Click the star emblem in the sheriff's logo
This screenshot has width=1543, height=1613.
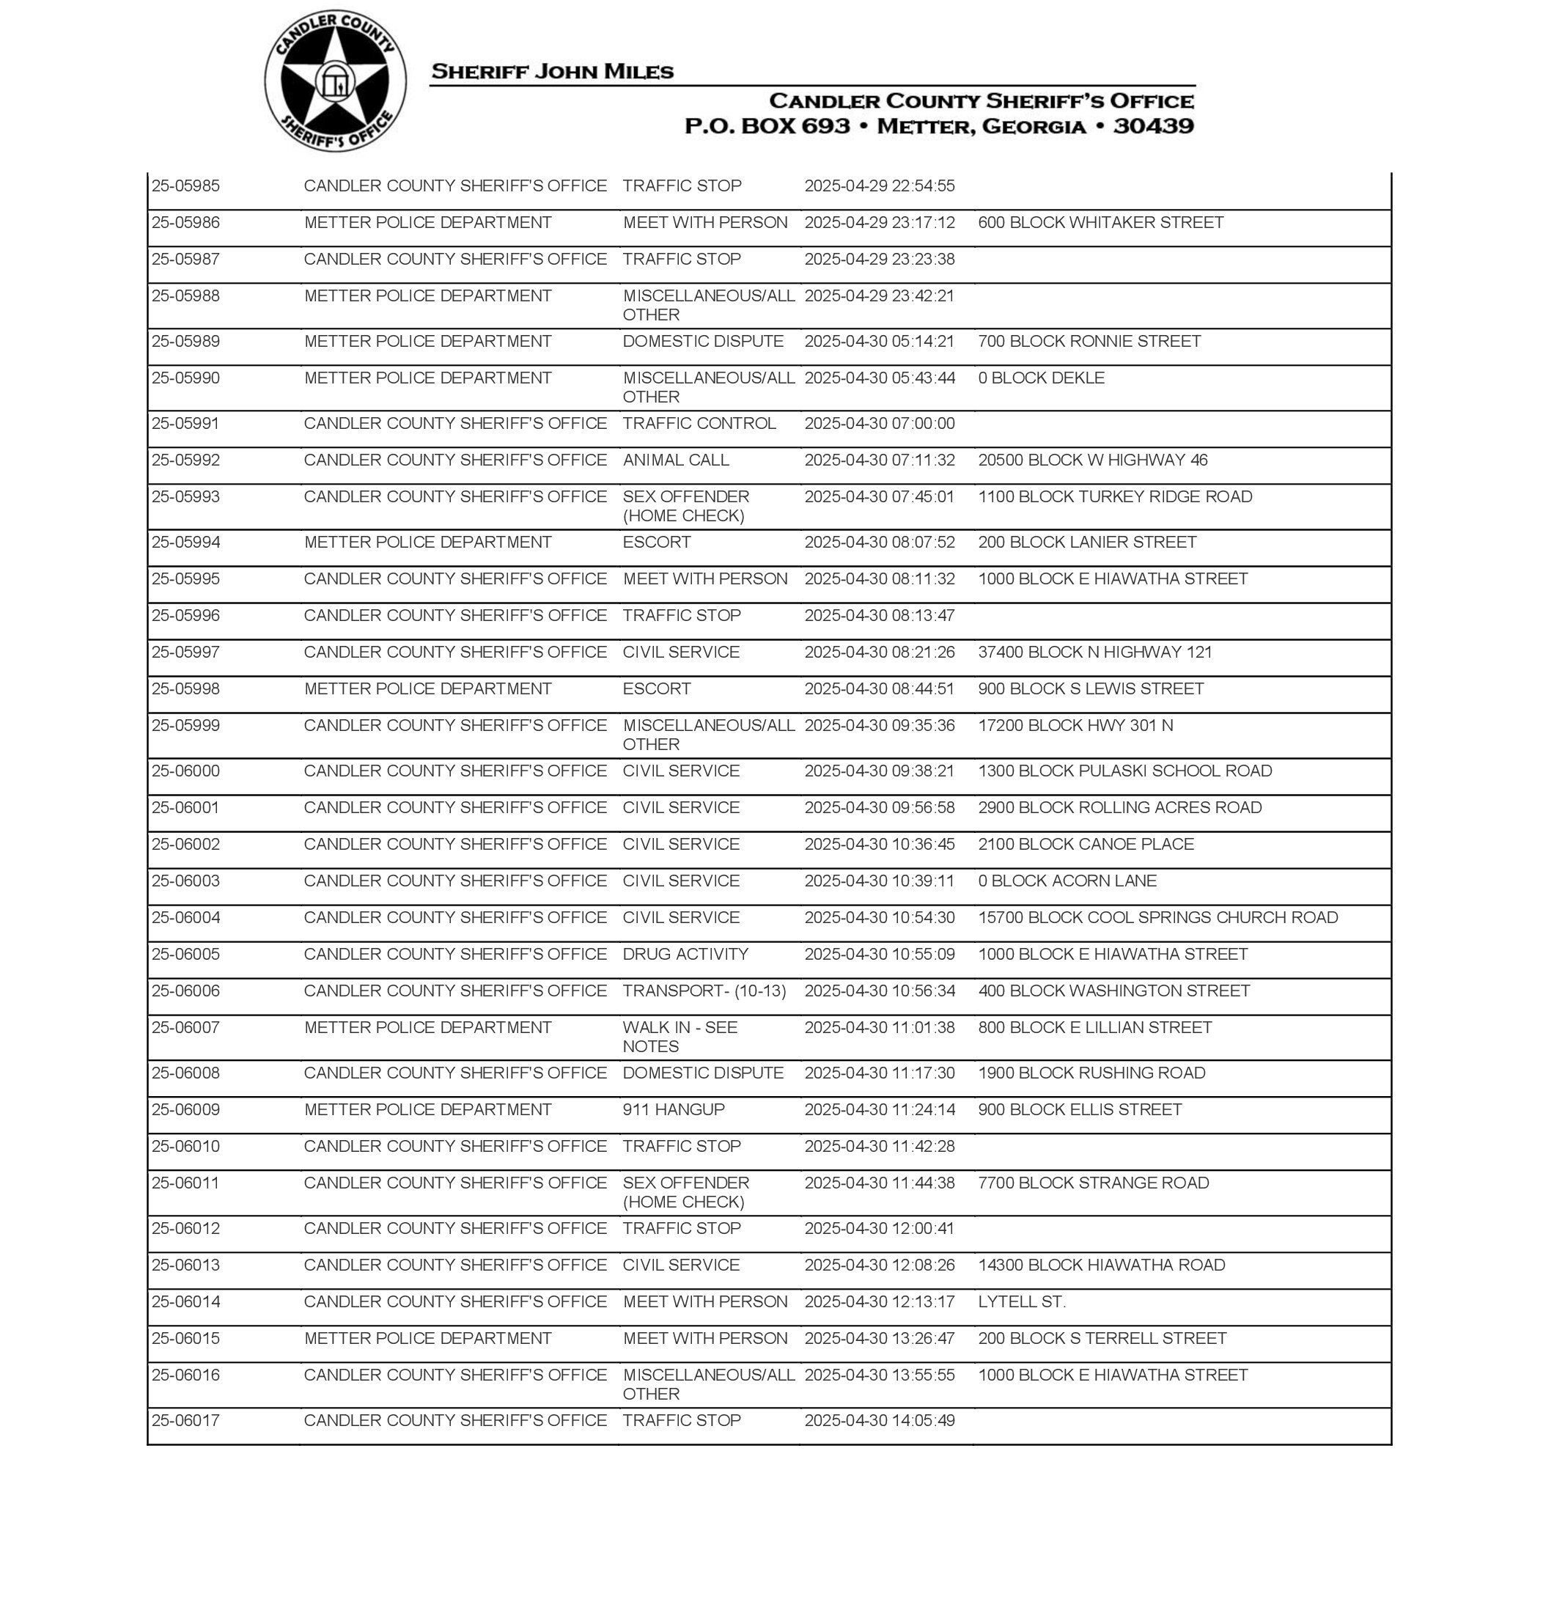[x=334, y=81]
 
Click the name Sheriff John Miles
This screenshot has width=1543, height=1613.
[x=552, y=72]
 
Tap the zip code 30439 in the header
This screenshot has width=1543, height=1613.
[x=1153, y=127]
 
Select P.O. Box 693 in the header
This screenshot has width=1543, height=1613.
[x=767, y=127]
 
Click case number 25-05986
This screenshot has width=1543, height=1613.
[x=186, y=223]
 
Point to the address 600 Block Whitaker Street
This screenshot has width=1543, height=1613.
[x=1100, y=223]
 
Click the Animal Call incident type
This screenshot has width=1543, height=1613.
[x=675, y=460]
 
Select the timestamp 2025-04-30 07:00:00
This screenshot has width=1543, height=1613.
[x=879, y=424]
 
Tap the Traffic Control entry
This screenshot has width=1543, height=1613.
[x=699, y=424]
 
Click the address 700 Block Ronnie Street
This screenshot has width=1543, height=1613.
[x=1089, y=342]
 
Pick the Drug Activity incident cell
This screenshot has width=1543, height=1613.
[x=685, y=954]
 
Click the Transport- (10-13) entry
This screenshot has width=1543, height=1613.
[x=704, y=991]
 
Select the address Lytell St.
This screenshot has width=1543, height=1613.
[x=1022, y=1302]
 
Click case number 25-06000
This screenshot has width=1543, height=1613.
[x=186, y=771]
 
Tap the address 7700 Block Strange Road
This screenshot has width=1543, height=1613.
[x=1093, y=1183]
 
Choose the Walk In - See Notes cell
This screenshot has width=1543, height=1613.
[x=680, y=1037]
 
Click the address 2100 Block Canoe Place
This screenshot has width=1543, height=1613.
[x=1086, y=844]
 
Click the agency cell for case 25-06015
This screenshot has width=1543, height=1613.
[x=427, y=1338]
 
